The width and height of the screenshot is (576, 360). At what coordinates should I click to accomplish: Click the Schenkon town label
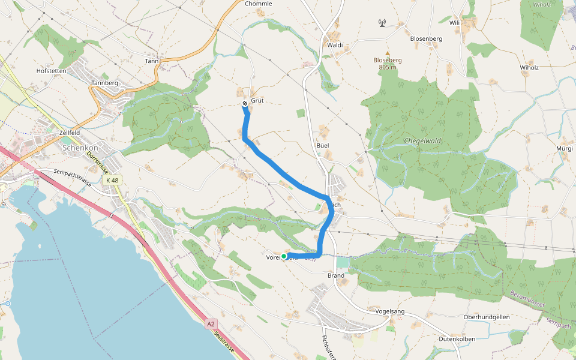coord(81,148)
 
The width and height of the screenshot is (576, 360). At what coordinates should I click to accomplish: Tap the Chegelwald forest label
coord(422,142)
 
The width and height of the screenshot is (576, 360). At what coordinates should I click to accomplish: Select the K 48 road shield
coord(112,180)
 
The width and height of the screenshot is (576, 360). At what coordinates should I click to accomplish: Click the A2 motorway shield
coord(211,324)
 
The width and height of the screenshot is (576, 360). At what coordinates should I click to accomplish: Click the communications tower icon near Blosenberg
coord(382,23)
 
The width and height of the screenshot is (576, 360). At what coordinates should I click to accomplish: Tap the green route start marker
coord(284,256)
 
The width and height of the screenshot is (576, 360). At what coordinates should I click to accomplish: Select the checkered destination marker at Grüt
coord(245,104)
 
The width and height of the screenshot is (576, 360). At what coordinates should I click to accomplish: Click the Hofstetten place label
coord(51,70)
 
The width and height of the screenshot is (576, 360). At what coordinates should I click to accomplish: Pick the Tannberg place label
coord(104,83)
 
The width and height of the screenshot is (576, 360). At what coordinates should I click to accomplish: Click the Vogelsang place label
coord(390,311)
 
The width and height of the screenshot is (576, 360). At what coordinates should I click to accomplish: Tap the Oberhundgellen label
coord(486,317)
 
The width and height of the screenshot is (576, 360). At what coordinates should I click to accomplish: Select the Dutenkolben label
coord(457,339)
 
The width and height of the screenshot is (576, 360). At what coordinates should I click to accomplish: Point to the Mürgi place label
coord(565,148)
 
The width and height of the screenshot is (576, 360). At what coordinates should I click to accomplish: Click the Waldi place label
coord(334,45)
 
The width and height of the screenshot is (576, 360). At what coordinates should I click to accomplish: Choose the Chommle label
coord(259,4)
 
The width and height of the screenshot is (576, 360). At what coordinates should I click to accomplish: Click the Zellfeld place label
coord(70,132)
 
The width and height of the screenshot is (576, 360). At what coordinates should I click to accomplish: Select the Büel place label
coord(323,145)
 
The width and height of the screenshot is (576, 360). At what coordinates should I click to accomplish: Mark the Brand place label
coord(335,275)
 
